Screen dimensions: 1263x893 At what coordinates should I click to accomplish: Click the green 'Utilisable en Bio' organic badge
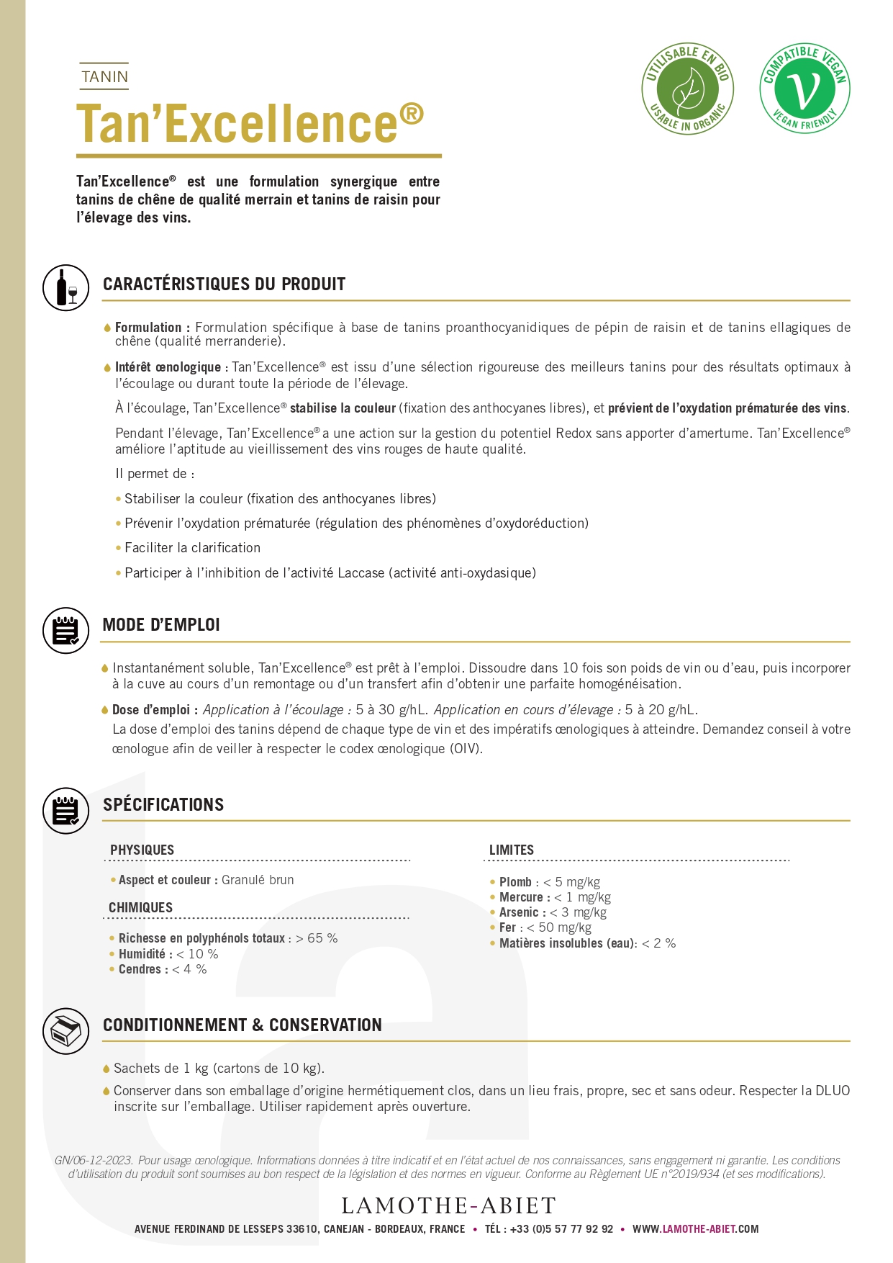click(x=687, y=89)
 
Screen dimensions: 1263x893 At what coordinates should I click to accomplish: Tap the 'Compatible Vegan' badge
click(x=804, y=89)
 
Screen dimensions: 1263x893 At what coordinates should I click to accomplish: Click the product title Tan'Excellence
click(x=250, y=123)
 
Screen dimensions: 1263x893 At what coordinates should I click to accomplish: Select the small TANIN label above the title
click(x=104, y=76)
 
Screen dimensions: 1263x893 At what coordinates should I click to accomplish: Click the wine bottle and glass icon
click(x=66, y=287)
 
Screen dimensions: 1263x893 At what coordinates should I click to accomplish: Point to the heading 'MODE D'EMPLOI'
click(x=161, y=624)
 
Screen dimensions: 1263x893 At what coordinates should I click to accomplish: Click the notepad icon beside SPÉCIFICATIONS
click(x=66, y=810)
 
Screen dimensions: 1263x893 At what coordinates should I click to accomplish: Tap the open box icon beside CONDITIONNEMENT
click(x=66, y=1030)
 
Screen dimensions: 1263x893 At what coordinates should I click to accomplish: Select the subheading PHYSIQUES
click(x=142, y=850)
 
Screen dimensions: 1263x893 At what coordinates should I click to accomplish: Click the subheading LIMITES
click(x=511, y=850)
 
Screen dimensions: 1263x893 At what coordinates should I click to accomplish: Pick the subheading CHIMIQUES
click(x=140, y=907)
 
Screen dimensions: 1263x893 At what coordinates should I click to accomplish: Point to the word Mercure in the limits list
click(x=522, y=897)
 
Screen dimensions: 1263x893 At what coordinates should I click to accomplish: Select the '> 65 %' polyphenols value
click(x=317, y=938)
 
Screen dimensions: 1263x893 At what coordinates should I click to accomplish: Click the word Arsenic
click(x=519, y=912)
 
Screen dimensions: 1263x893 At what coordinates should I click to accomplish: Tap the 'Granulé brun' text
click(x=258, y=880)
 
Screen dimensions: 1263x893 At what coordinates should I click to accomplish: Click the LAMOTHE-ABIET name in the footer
click(x=449, y=1205)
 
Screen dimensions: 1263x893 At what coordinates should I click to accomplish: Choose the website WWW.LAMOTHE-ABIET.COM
click(x=695, y=1229)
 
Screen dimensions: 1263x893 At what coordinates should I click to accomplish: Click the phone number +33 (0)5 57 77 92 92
click(x=561, y=1229)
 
